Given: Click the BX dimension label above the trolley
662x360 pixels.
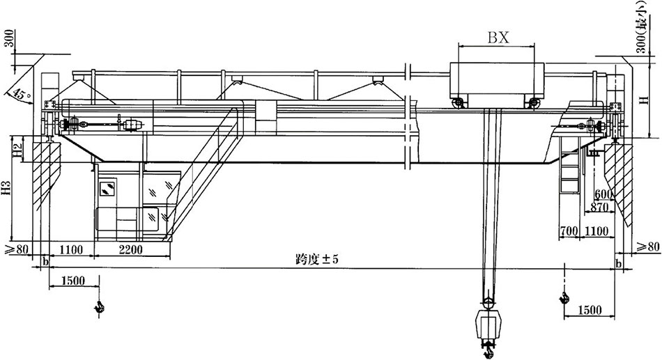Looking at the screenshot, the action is pyautogui.click(x=499, y=38).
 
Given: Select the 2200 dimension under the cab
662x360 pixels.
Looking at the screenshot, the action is pyautogui.click(x=130, y=250).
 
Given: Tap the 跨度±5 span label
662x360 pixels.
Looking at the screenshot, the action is pyautogui.click(x=317, y=259).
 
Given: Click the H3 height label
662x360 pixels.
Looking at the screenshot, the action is pyautogui.click(x=6, y=188).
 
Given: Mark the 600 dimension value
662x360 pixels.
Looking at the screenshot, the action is pyautogui.click(x=603, y=194).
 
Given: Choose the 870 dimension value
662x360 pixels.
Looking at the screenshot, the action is pyautogui.click(x=599, y=208).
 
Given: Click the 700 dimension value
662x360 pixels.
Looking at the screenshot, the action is pyautogui.click(x=569, y=231).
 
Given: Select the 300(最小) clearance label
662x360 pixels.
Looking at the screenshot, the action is pyautogui.click(x=642, y=27).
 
